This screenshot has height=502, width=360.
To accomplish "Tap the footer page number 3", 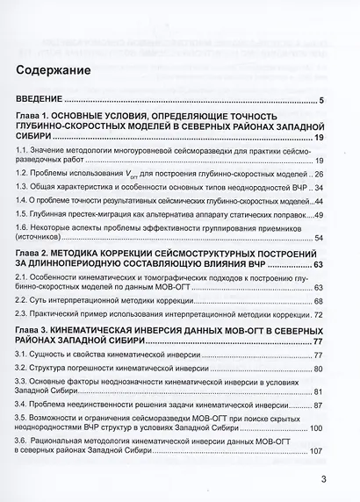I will [x=322, y=479].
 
